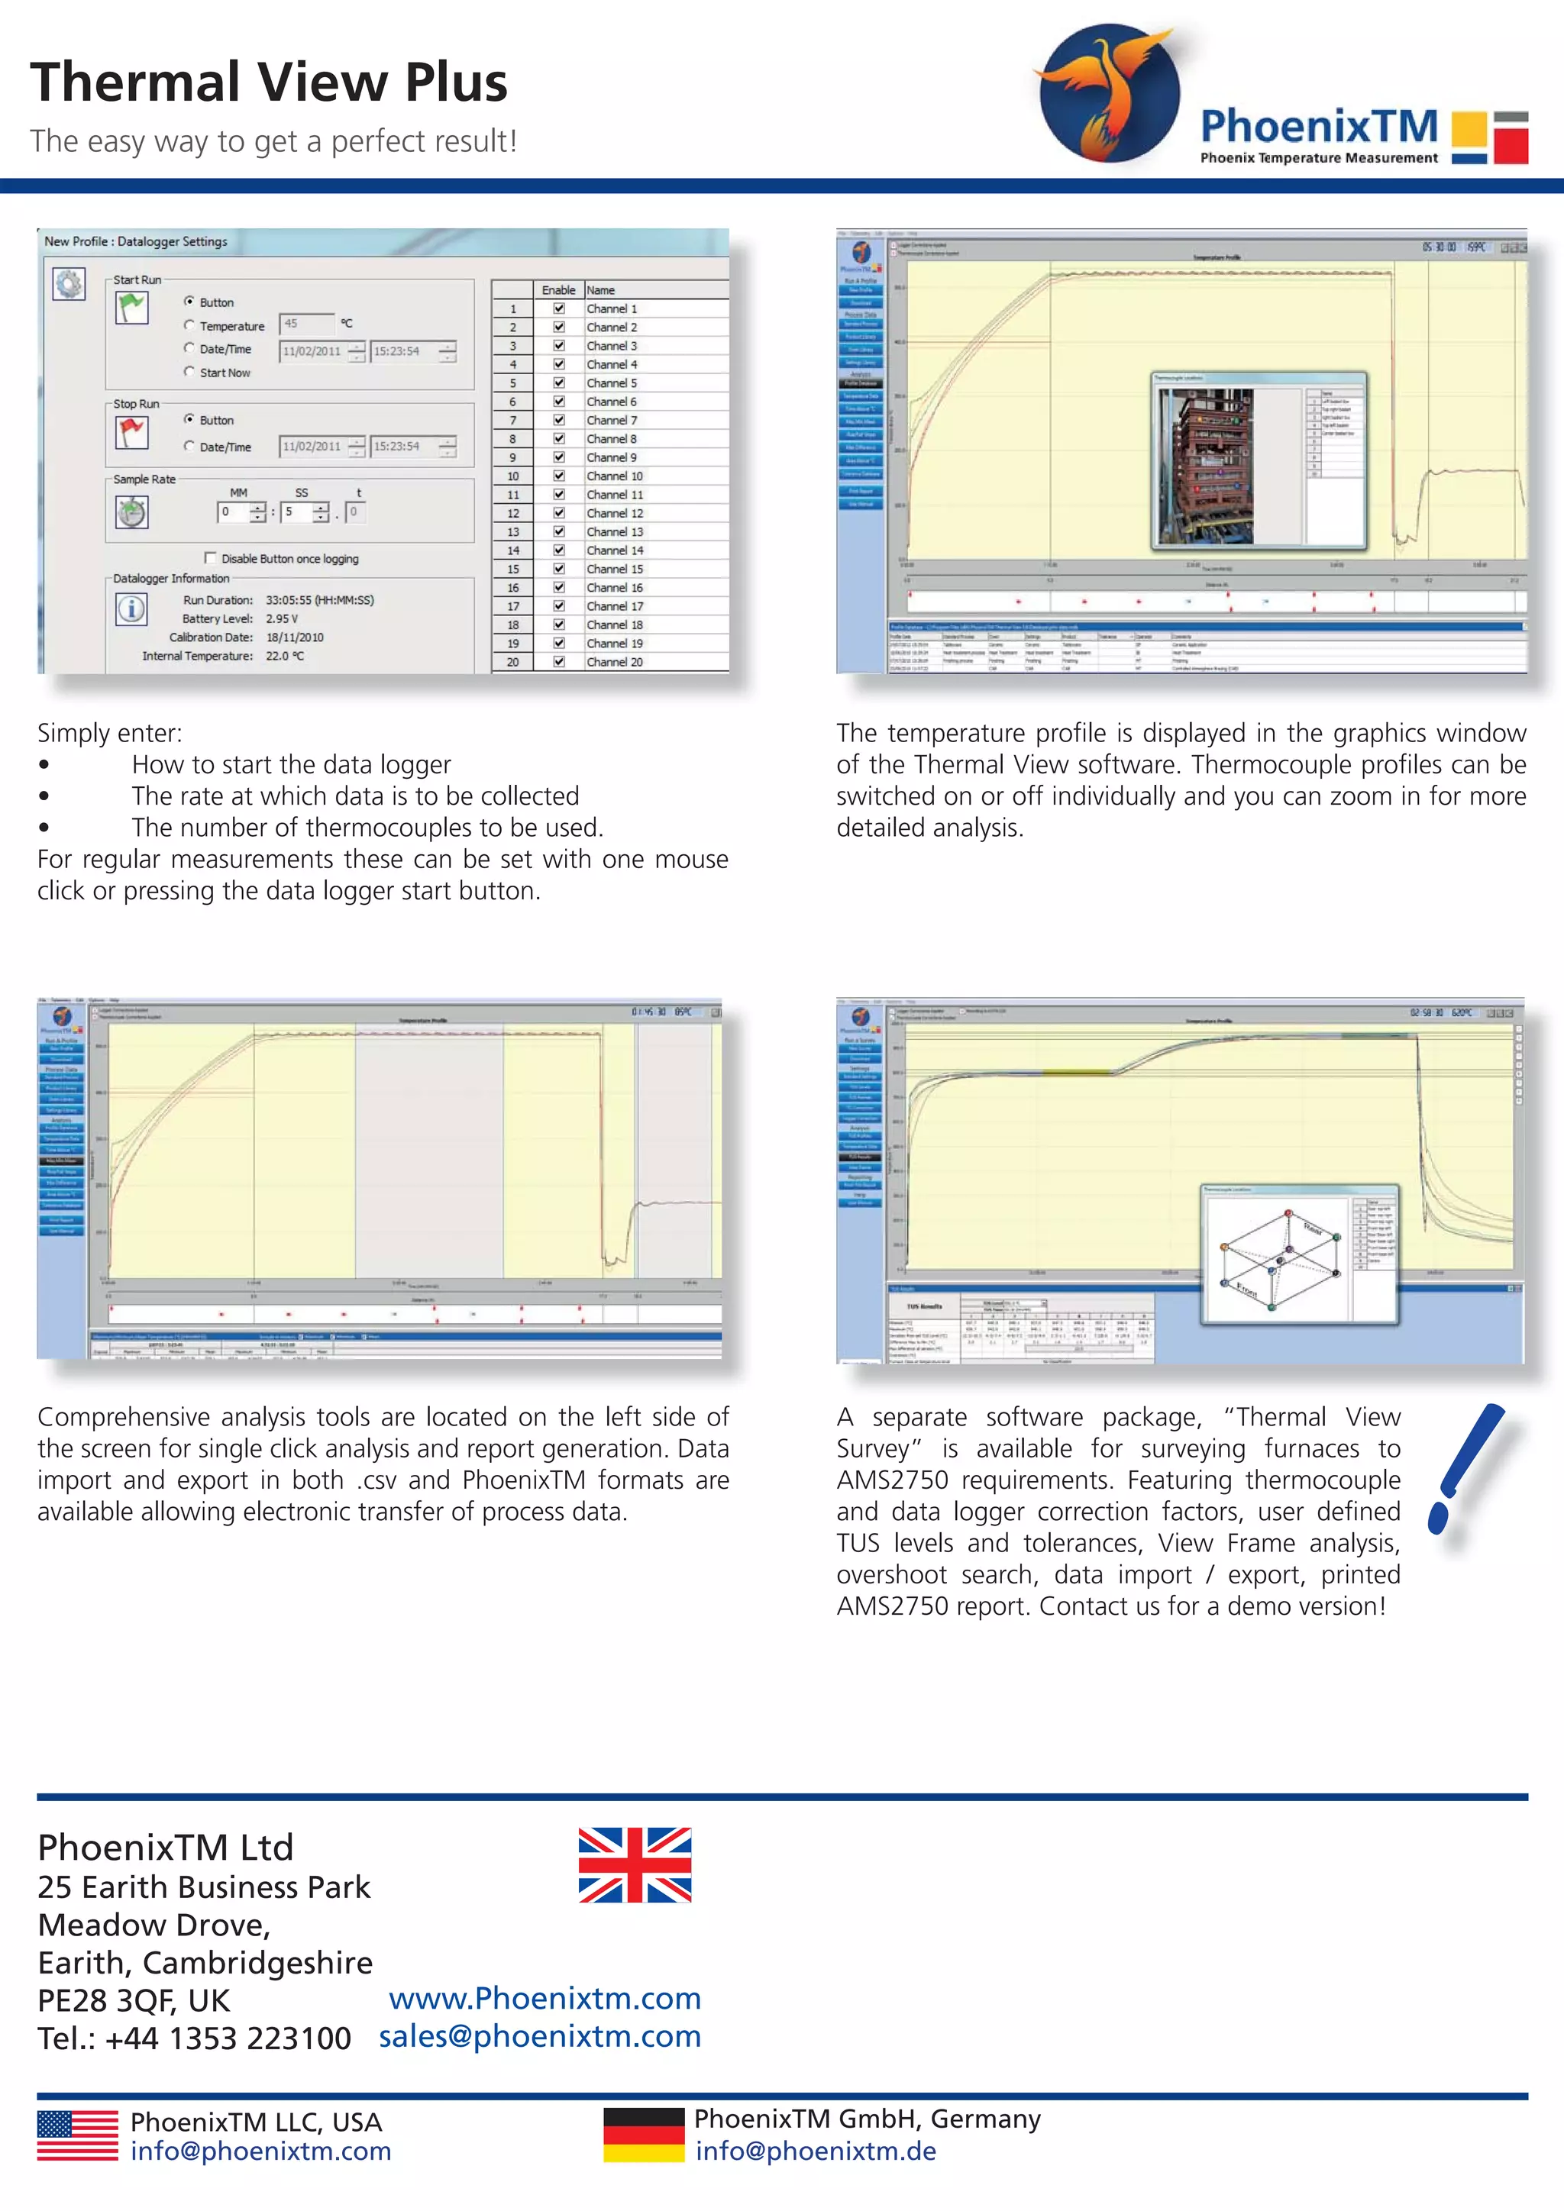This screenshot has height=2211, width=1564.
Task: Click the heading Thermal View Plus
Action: click(x=269, y=82)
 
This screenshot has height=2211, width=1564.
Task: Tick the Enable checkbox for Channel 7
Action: click(x=558, y=420)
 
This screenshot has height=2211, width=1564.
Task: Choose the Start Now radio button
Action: click(x=189, y=372)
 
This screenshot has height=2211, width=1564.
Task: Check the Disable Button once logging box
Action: click(x=211, y=557)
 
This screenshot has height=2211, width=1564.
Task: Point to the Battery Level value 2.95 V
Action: click(x=282, y=618)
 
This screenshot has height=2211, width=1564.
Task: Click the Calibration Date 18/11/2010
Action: click(x=295, y=637)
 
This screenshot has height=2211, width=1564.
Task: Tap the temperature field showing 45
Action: click(x=305, y=324)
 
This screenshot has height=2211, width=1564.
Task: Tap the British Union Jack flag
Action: click(x=635, y=1864)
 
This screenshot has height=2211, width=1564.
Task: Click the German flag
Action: click(x=643, y=2135)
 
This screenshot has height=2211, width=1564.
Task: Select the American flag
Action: click(x=77, y=2135)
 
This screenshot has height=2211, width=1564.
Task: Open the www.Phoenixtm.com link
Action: click(x=544, y=1998)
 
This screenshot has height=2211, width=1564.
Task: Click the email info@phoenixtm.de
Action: click(x=816, y=2151)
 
